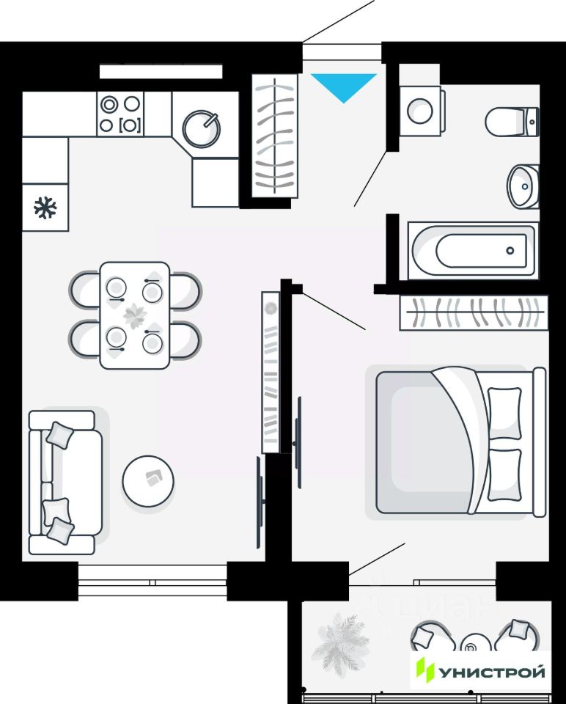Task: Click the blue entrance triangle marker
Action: click(343, 85)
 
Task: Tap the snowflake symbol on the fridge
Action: click(45, 208)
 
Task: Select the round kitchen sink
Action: click(201, 128)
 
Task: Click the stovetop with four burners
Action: click(120, 114)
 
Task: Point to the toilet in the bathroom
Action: click(513, 120)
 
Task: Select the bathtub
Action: click(472, 250)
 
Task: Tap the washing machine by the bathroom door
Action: click(421, 110)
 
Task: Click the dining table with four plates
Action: click(135, 315)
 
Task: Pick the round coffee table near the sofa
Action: click(148, 481)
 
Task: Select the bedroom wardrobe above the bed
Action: click(474, 313)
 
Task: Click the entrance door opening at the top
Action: click(342, 53)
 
